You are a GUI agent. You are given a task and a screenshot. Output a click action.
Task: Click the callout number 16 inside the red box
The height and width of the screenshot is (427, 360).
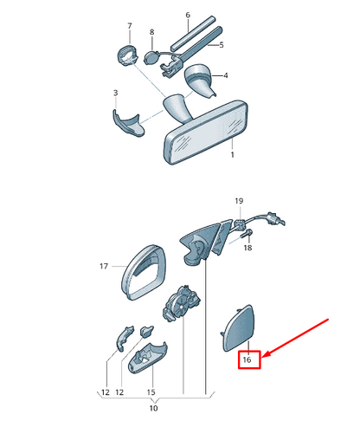[247, 359]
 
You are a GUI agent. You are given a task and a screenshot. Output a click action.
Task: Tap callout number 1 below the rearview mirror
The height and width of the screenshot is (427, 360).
[233, 155]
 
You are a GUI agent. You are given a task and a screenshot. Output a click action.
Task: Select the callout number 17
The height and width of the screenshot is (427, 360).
[104, 266]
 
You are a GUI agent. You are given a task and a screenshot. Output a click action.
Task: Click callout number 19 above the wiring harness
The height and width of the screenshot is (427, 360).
[239, 201]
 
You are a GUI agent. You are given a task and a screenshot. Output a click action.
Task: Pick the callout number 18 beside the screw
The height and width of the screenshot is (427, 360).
[247, 248]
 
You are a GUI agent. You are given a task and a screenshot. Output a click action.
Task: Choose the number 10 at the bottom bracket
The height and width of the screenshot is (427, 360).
[153, 408]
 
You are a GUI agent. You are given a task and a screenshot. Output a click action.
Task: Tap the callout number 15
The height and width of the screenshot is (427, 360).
[151, 392]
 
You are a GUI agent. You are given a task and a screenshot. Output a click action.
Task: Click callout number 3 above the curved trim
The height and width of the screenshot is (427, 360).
[115, 93]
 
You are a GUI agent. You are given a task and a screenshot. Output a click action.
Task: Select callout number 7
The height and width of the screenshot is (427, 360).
[130, 26]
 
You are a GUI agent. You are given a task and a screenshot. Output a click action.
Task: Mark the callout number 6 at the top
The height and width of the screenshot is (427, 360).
[188, 15]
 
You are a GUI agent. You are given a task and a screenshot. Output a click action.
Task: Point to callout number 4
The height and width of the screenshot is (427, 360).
[226, 75]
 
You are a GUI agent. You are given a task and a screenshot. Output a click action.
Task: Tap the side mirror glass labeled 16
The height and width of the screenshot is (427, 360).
[239, 328]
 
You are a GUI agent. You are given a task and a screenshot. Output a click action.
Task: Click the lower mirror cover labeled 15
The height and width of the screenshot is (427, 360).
[147, 358]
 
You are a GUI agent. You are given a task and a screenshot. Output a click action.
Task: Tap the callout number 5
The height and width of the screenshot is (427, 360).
[222, 45]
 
